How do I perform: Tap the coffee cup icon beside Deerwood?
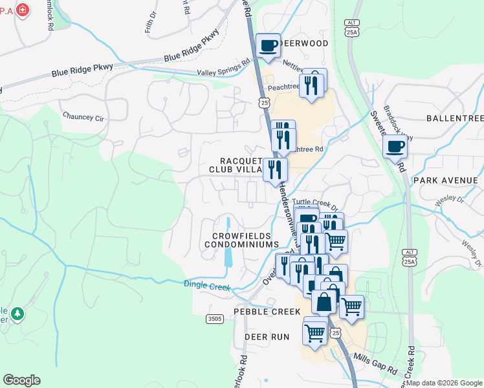click(x=269, y=46)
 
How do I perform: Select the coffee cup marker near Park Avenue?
click(x=395, y=145)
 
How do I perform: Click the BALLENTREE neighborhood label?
click(x=455, y=118)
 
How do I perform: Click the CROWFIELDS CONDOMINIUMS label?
click(x=241, y=239)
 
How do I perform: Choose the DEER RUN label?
click(x=267, y=338)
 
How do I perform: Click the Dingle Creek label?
click(x=207, y=285)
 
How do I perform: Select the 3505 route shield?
click(x=215, y=319)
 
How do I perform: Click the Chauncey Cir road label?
click(x=83, y=116)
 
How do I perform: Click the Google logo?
click(x=21, y=380)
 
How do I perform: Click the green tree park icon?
click(x=18, y=314)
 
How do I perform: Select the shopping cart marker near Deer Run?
click(x=314, y=334)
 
